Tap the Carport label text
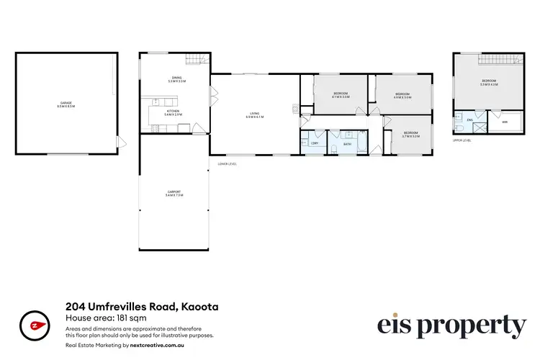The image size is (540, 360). click(x=175, y=193)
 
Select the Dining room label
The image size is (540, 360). click(x=176, y=79)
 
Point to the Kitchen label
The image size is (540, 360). click(x=174, y=112)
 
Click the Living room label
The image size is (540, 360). click(x=255, y=114)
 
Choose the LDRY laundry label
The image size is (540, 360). click(x=314, y=143)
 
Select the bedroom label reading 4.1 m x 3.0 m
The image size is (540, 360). click(x=341, y=95)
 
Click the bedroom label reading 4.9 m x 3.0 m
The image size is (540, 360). click(x=402, y=95)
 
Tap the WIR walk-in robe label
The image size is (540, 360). click(x=504, y=122)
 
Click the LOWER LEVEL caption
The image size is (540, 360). click(x=227, y=163)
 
